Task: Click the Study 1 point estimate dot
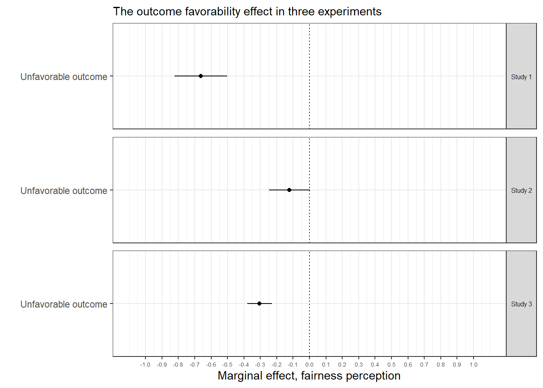(x=201, y=76)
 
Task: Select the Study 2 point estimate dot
(x=289, y=190)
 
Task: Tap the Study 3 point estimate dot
(x=259, y=304)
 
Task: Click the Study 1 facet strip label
(x=521, y=77)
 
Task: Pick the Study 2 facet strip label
(x=521, y=190)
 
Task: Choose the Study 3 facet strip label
(x=521, y=304)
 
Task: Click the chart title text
(x=247, y=11)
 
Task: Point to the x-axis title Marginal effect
(x=309, y=376)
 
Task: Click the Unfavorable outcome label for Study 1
(x=64, y=77)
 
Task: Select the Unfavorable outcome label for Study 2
(x=64, y=191)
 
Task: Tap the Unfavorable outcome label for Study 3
(x=64, y=304)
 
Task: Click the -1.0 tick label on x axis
(x=145, y=365)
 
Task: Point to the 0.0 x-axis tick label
(x=309, y=365)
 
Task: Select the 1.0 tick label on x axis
(x=474, y=365)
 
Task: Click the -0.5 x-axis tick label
(x=227, y=365)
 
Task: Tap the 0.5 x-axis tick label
(x=391, y=365)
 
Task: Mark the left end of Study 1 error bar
(x=175, y=76)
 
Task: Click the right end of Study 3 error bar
(x=271, y=304)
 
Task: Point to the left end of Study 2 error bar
(x=269, y=190)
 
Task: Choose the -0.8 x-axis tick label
(x=178, y=365)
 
